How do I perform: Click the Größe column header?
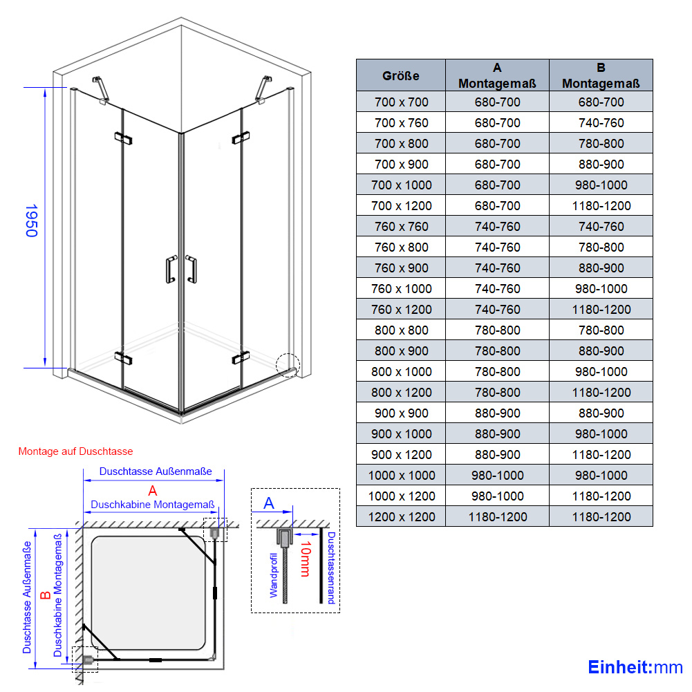point(400,76)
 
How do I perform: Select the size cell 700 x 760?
point(401,122)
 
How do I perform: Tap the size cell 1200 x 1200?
point(401,517)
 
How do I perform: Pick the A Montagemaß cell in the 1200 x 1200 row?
point(497,517)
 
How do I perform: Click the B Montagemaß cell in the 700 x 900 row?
point(601,164)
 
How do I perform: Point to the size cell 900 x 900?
point(401,413)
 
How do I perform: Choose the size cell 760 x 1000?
point(401,289)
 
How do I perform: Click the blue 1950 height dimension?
point(31,221)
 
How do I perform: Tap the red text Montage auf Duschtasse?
point(75,451)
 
